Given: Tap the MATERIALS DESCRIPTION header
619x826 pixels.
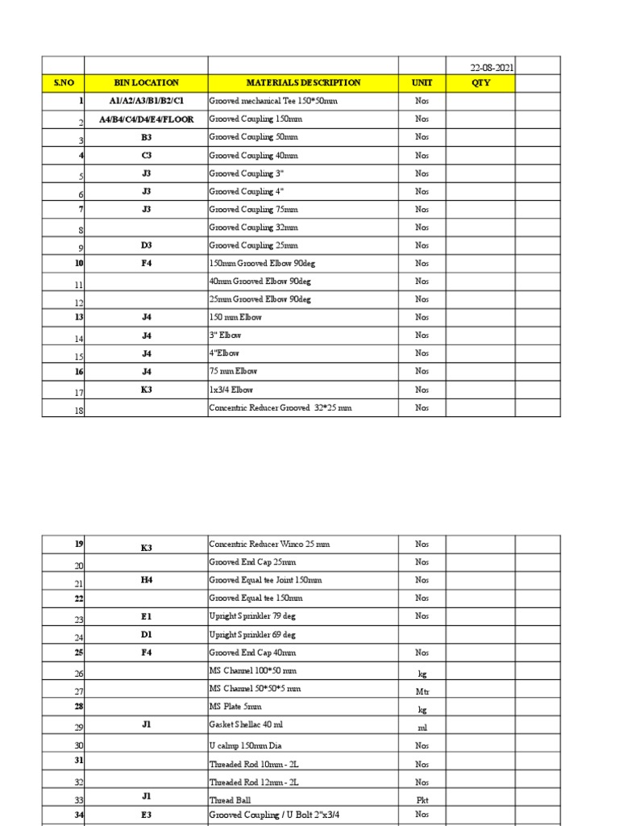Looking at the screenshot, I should pos(303,83).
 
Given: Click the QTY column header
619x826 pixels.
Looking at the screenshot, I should pos(480,83).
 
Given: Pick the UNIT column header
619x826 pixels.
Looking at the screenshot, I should pos(422,83).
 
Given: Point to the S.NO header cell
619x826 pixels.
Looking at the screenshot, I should pos(64,83).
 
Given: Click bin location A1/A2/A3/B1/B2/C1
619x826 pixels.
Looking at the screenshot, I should pos(146,102).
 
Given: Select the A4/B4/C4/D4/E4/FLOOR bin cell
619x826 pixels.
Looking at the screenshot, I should pos(146,119).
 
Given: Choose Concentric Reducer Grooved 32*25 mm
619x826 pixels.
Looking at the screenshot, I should pos(280,408).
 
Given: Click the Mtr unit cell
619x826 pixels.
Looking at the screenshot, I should pos(422,691).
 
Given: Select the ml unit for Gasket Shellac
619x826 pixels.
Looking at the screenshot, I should pos(422,727).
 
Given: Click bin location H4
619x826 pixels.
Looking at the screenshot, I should pos(146,580).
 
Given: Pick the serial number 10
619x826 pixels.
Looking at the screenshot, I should pos(79,263).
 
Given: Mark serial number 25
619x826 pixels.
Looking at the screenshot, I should pos(79,652).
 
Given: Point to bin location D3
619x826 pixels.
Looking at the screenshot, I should pos(146,245).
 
